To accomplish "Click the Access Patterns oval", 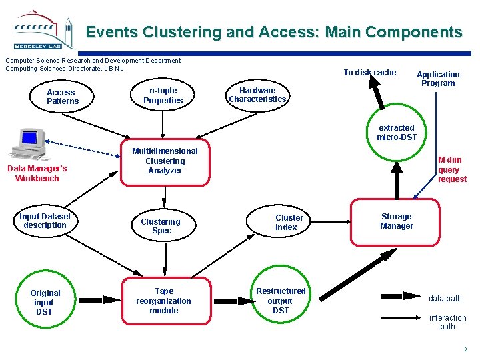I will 63,97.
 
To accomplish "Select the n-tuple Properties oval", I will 163,95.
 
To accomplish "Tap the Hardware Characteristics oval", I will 257,95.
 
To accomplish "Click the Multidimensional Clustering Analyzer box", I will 165,161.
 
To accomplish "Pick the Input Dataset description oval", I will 45,221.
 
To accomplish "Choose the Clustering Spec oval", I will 161,226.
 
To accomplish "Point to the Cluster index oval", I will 289,223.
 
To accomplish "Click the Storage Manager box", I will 396,221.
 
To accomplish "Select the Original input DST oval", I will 45,302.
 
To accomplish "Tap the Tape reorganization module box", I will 164,301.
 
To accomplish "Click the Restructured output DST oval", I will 281,301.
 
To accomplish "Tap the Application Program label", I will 438,79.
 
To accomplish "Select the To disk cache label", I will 369,73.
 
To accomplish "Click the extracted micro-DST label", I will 397,133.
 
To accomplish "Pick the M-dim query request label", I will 452,169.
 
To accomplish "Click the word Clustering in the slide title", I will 181,32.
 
